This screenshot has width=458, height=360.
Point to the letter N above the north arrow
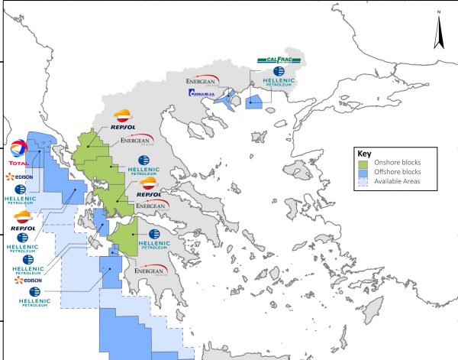[440, 13]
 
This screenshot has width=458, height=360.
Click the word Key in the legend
[364, 153]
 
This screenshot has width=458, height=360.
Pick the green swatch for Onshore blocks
[364, 164]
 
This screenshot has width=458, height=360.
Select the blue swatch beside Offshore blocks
[364, 174]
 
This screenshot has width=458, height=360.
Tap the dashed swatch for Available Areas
[364, 183]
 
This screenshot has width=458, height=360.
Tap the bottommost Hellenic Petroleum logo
[33, 297]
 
